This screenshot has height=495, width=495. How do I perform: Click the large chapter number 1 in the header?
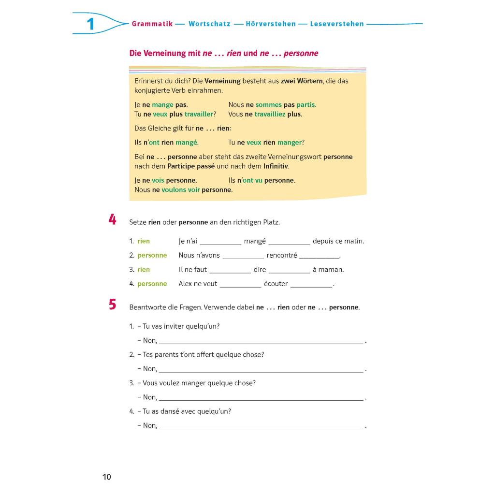tap(90, 24)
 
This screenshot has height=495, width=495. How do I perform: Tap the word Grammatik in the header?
tap(152, 24)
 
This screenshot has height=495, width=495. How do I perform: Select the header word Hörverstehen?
tap(270, 24)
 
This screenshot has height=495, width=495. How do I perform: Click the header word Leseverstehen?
tap(337, 24)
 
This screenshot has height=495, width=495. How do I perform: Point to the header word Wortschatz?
tap(209, 24)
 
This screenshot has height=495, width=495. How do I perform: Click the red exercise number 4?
tap(112, 220)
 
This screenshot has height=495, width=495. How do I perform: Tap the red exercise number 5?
tap(112, 305)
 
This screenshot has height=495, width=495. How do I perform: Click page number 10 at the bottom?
tap(107, 477)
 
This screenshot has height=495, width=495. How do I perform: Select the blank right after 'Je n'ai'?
tap(220, 242)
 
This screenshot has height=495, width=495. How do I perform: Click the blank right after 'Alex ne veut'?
tap(240, 285)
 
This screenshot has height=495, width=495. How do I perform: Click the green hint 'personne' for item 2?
tap(152, 255)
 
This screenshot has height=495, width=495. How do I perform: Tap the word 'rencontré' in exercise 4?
tap(282, 255)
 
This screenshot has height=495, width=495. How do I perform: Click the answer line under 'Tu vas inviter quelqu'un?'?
tap(261, 341)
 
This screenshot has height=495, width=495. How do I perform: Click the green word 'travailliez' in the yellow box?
tap(271, 115)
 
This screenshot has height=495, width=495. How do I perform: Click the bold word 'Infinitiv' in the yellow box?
tap(276, 166)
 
